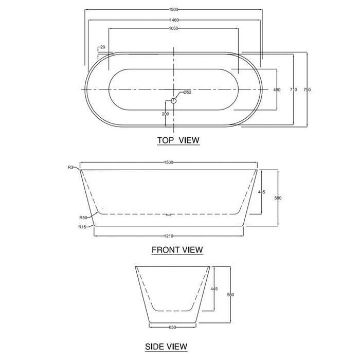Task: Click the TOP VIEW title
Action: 178,140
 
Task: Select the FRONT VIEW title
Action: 177,250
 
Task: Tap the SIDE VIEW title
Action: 166,347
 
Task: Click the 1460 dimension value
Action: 173,20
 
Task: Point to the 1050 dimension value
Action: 173,29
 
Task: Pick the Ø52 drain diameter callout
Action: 187,92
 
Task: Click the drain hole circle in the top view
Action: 173,101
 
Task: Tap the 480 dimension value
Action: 277,90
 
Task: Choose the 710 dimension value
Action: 293,90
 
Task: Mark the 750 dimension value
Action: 307,90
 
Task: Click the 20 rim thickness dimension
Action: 103,47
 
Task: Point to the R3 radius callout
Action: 70,167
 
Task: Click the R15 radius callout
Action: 82,227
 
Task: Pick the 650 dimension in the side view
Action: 173,327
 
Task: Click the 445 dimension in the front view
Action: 261,192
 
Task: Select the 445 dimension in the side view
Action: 214,289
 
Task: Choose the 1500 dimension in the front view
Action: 169,163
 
